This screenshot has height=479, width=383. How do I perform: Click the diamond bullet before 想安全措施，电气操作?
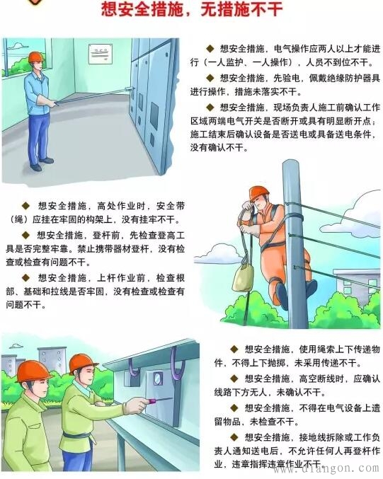pyautogui.click(x=210, y=48)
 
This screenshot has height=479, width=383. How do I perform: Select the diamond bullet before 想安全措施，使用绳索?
pyautogui.click(x=234, y=349)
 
